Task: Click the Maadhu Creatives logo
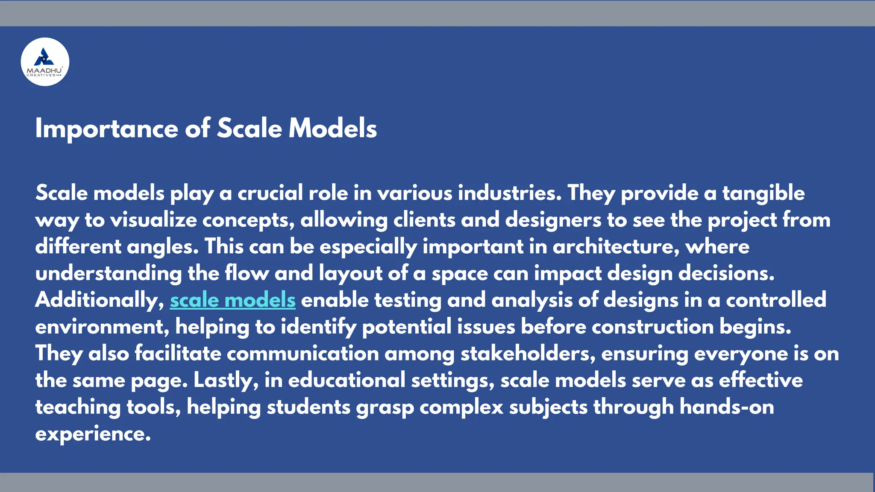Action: click(45, 62)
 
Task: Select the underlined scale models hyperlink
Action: click(232, 300)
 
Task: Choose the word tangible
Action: click(763, 193)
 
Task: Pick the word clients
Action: click(424, 220)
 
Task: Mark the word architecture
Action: click(616, 247)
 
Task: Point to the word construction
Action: click(652, 327)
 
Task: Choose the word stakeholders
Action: click(528, 354)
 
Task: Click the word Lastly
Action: click(226, 381)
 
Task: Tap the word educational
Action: click(346, 381)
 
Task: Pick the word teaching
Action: click(78, 407)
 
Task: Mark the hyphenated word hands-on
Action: click(727, 407)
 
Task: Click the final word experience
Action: click(93, 434)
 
